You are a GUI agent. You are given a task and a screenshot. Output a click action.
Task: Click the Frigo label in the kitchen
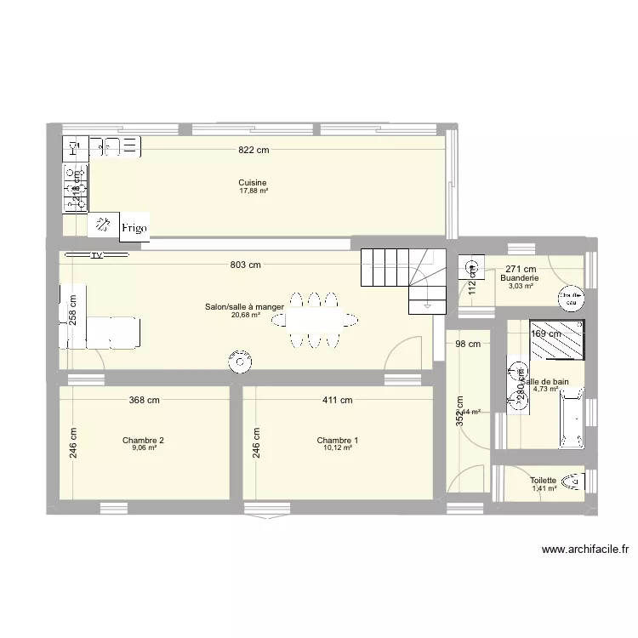(134, 227)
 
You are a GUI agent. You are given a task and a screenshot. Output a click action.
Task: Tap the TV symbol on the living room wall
(97, 254)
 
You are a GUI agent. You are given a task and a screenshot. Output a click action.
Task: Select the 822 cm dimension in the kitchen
(253, 150)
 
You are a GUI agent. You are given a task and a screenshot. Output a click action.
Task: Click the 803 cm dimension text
(244, 265)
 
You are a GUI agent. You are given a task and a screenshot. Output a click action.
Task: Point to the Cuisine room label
(253, 183)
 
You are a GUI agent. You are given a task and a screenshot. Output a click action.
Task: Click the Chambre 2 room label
(143, 441)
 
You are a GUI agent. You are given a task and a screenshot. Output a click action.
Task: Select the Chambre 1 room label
(337, 441)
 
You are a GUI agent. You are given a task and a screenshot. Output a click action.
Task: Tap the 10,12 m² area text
(337, 448)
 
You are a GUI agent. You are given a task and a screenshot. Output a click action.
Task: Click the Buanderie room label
(520, 278)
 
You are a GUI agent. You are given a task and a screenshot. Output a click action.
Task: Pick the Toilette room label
(543, 481)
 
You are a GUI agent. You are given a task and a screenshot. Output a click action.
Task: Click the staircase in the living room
(404, 276)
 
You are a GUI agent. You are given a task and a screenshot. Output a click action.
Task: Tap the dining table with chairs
(316, 320)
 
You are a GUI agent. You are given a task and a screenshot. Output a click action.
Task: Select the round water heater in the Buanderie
(568, 297)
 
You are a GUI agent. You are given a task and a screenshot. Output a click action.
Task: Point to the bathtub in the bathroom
(571, 418)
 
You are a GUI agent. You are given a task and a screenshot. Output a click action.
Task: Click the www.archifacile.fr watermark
(584, 550)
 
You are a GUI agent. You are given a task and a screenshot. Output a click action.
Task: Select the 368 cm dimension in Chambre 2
(144, 400)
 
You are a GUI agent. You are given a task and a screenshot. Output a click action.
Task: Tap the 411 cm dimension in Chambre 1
(337, 400)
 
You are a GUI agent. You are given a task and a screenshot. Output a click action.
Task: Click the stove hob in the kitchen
(70, 187)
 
